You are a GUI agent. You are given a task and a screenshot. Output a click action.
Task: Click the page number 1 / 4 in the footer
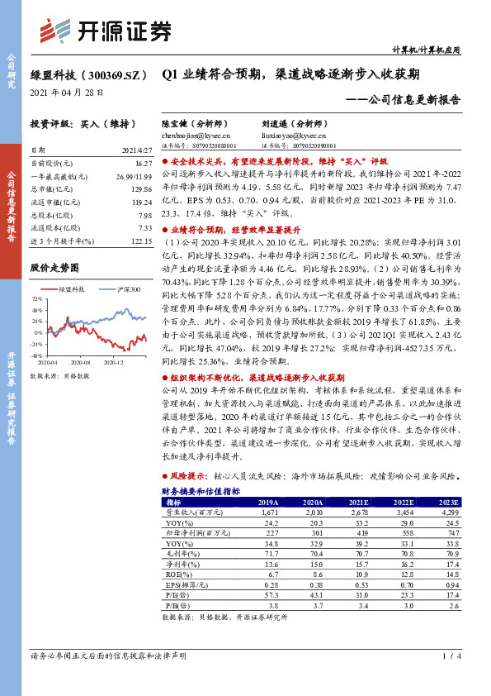450,656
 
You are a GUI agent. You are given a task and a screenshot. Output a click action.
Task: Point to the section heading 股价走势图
54,268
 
